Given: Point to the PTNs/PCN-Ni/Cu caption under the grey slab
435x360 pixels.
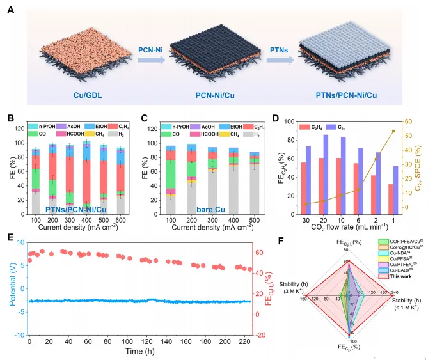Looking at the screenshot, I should click(348, 95).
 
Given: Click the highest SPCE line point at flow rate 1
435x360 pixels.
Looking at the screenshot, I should click(393, 131).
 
